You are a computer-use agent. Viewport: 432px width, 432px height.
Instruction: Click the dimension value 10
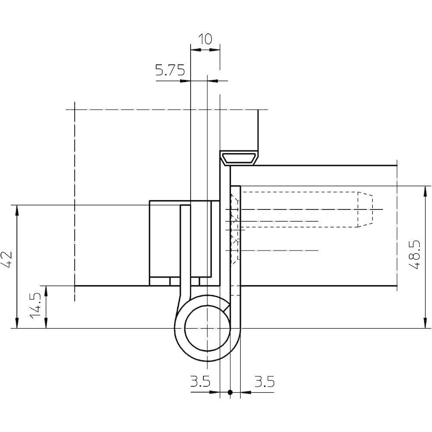click(x=205, y=39)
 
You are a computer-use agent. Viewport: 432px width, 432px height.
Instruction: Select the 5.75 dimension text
click(x=170, y=70)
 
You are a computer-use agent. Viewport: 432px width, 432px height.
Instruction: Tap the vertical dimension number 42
click(x=7, y=260)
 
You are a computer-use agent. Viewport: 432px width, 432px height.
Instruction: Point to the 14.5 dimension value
click(x=35, y=306)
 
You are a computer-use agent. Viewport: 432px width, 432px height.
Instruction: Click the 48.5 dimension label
click(x=414, y=254)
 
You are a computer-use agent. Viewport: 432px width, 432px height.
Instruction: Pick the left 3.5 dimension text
click(x=200, y=382)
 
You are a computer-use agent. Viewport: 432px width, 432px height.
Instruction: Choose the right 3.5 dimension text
click(x=264, y=382)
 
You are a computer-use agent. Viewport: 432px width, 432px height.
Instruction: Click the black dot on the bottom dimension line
click(x=230, y=392)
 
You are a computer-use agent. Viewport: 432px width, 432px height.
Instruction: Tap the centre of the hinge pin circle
click(x=207, y=328)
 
